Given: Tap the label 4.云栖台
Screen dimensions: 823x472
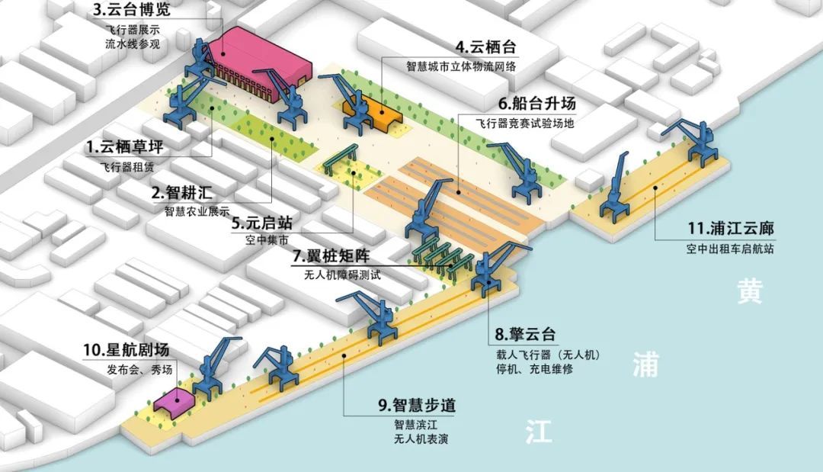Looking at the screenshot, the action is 485,47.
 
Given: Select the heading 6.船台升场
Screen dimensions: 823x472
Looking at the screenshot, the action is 537,103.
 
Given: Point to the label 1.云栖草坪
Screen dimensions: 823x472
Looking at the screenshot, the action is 125,147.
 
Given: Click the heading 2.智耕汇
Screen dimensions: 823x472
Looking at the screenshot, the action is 182,192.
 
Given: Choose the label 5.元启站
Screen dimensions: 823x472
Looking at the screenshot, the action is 262,223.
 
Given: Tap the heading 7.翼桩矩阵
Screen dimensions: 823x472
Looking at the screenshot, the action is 331,256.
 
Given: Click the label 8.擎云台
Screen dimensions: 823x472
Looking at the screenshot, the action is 525,334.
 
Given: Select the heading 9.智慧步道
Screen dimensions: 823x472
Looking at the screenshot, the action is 418,405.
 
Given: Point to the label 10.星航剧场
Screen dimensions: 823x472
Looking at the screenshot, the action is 126,350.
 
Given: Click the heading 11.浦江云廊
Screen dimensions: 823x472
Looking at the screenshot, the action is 731,229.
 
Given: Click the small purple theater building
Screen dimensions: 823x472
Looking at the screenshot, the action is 174,400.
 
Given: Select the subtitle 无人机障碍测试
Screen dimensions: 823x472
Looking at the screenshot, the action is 342,275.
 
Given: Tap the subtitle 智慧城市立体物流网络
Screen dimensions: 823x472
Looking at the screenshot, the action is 461,66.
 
